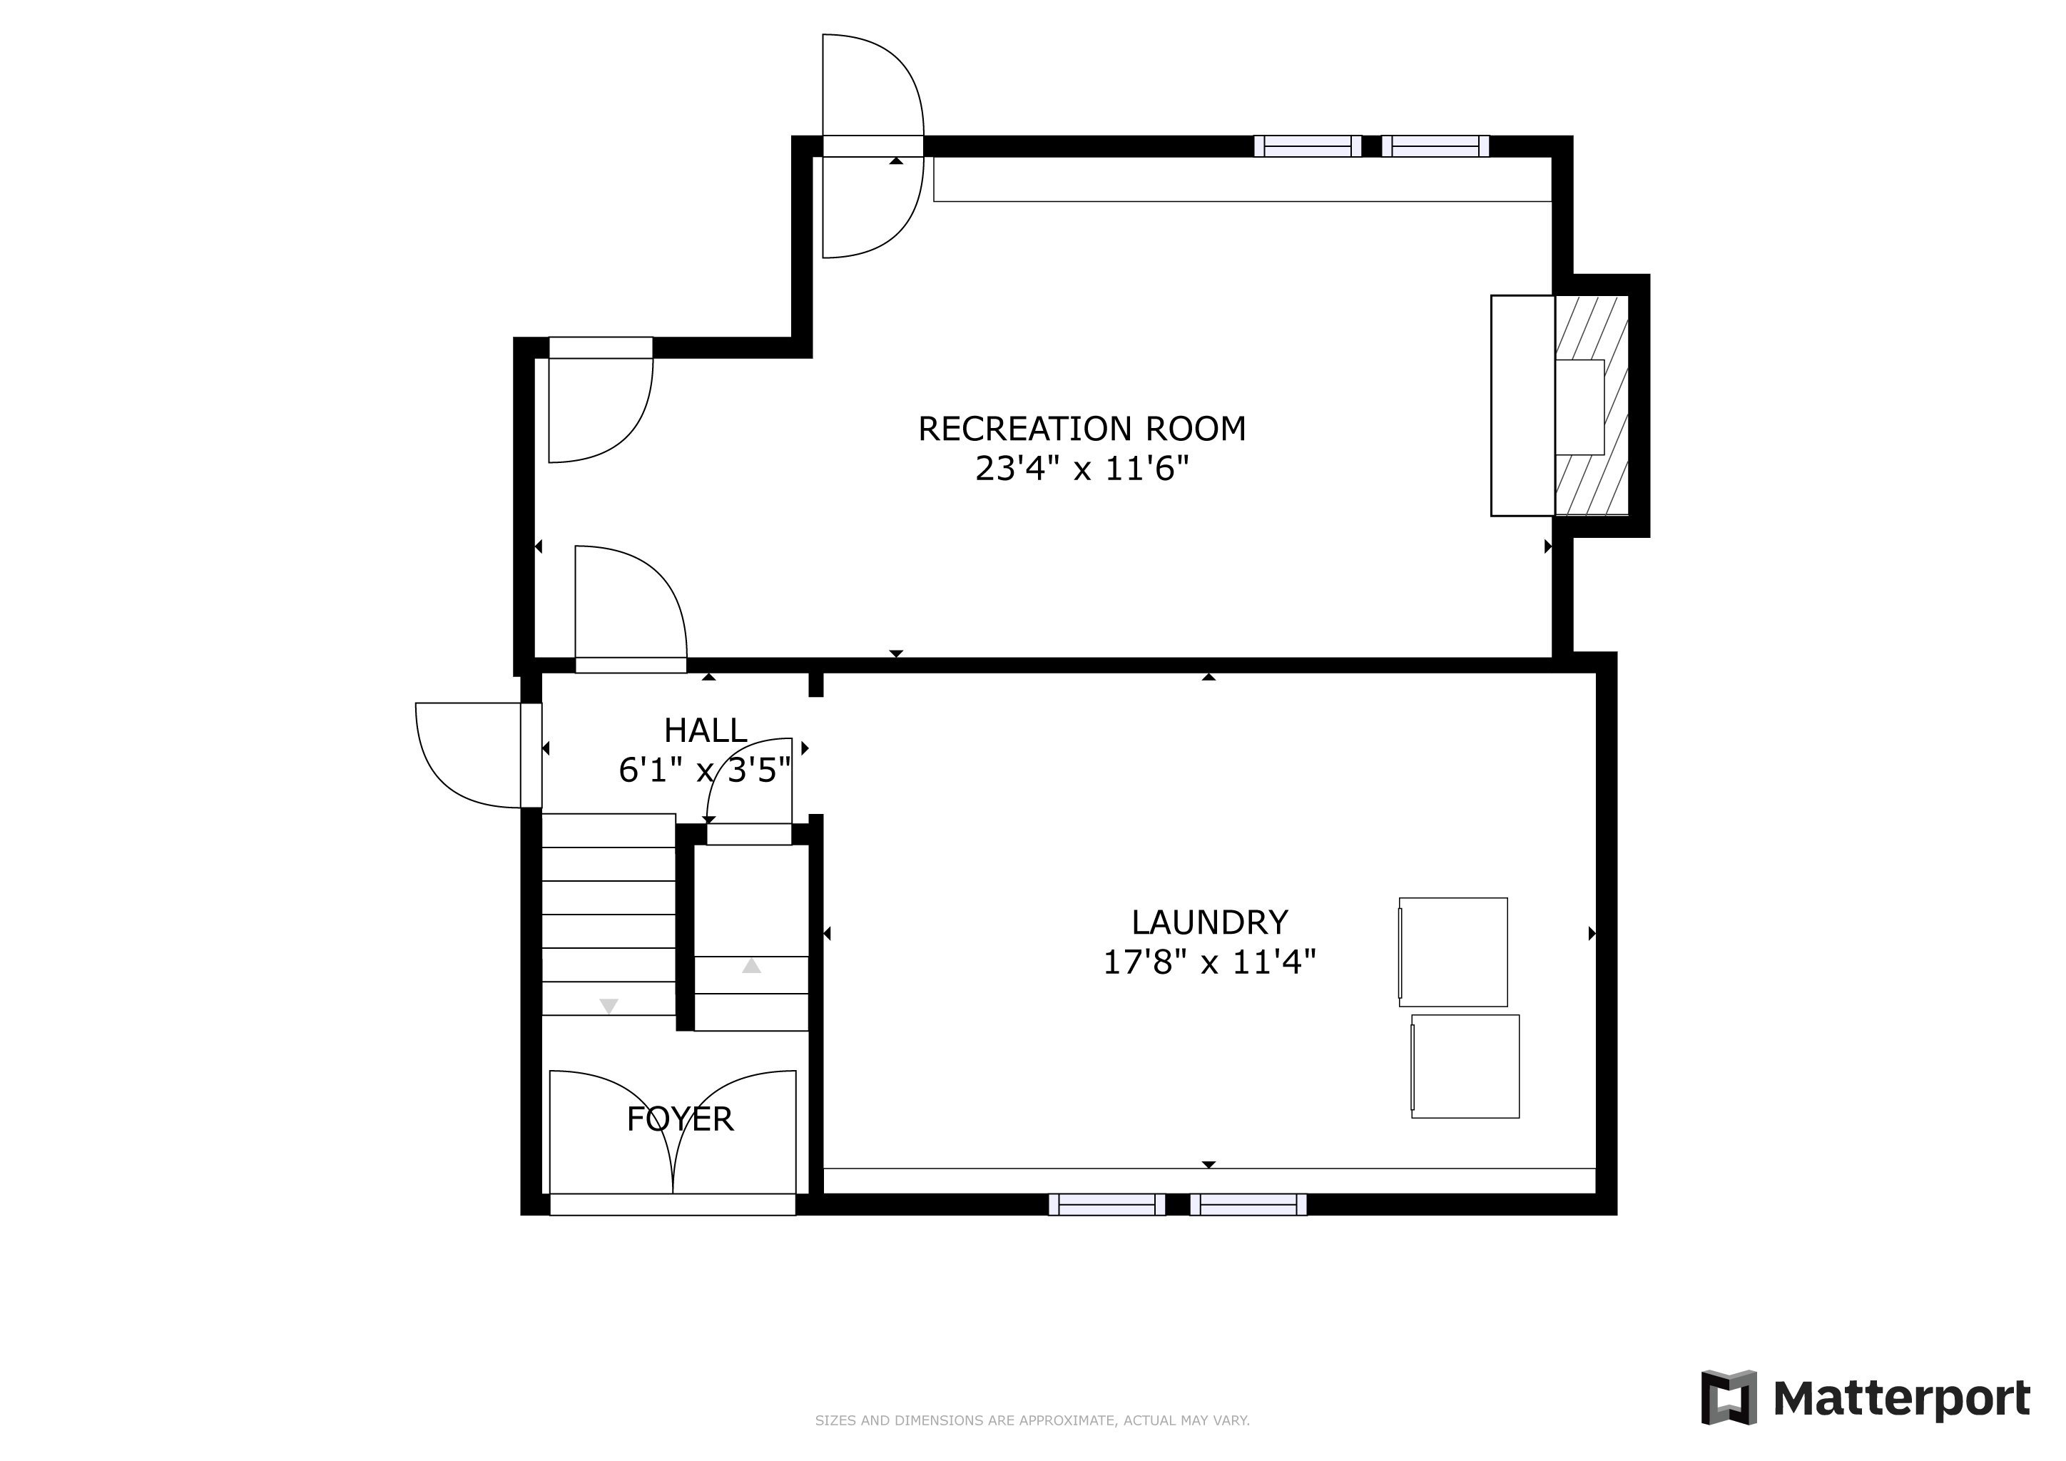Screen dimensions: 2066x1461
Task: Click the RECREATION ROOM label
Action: (x=1082, y=429)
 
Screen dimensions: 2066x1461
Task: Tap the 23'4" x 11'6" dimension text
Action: (x=1082, y=469)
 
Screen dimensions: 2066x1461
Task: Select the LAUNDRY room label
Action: (x=1209, y=922)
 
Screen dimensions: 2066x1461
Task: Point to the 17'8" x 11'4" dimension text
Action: (x=1209, y=962)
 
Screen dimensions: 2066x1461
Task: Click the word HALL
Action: (x=706, y=730)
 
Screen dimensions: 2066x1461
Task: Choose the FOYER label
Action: (x=681, y=1119)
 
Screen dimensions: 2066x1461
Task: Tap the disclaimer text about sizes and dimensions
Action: (x=1032, y=1420)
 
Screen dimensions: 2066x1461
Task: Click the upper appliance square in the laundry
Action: (x=1452, y=952)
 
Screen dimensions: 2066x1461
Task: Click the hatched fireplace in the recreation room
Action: (x=1592, y=406)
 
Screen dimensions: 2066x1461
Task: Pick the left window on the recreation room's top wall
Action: (x=1308, y=146)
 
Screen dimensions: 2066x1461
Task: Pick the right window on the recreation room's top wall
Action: (x=1435, y=146)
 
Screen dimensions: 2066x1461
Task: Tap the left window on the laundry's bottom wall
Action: (x=1106, y=1205)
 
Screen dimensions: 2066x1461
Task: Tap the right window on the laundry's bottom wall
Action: (x=1248, y=1205)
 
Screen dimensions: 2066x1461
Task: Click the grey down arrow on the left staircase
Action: (x=609, y=1006)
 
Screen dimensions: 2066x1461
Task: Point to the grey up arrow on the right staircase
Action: (x=751, y=965)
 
